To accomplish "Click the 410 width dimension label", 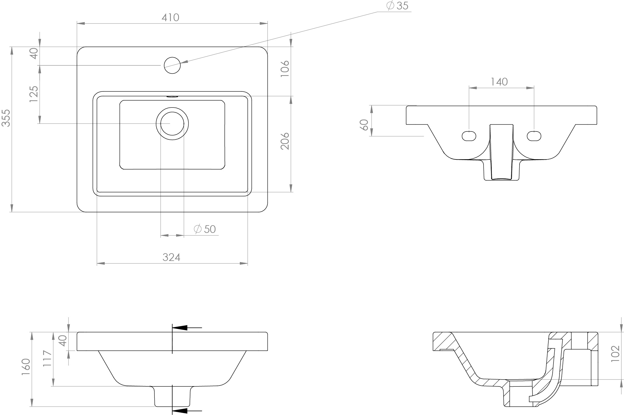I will pyautogui.click(x=170, y=18).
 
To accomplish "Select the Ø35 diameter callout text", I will pyautogui.click(x=398, y=6).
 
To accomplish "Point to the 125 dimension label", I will pyautogui.click(x=34, y=94).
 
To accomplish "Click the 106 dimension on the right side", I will pyautogui.click(x=285, y=69).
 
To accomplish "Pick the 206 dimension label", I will pyautogui.click(x=285, y=141).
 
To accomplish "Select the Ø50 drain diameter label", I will pyautogui.click(x=205, y=229).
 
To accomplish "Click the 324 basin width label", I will pyautogui.click(x=171, y=257).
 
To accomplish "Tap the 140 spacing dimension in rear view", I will pyautogui.click(x=499, y=82).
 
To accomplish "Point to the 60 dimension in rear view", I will pyautogui.click(x=365, y=125).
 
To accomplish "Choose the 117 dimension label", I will pyautogui.click(x=47, y=358).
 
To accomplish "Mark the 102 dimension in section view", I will pyautogui.click(x=615, y=354).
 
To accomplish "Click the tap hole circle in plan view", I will pyautogui.click(x=172, y=65).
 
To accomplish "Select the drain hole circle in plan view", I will pyautogui.click(x=172, y=123).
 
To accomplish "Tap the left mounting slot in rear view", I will pyautogui.click(x=469, y=136).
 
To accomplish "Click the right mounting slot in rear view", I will pyautogui.click(x=534, y=136).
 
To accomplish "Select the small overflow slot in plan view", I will pyautogui.click(x=172, y=97).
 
